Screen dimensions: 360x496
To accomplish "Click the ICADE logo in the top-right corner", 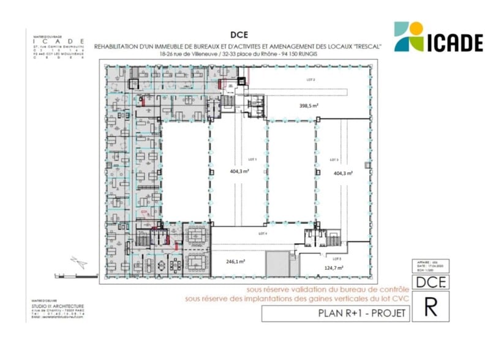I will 438,37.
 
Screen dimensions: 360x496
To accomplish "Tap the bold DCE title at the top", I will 239,35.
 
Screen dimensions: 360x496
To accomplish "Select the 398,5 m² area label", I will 309,106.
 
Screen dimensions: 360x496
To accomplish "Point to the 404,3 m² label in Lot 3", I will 344,173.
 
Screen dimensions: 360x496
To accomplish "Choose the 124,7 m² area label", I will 334,268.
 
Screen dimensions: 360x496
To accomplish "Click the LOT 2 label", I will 310,80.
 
